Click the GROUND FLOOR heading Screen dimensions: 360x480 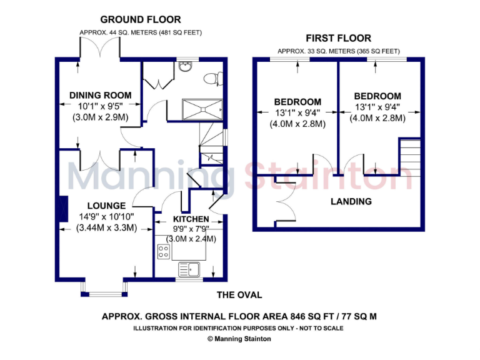tap(141, 20)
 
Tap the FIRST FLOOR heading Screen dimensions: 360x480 tap(338, 38)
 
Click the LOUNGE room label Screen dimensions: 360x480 tap(106, 206)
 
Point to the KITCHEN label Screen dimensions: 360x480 tap(191, 219)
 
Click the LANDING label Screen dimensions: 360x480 tap(351, 201)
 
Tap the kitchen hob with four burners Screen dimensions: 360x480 tap(163, 251)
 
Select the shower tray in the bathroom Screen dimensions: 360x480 tap(202, 108)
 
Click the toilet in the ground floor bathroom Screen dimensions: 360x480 tap(212, 78)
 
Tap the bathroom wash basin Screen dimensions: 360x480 tap(184, 66)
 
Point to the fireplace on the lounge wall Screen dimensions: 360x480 tap(63, 209)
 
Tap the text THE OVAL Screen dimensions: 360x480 tap(239, 295)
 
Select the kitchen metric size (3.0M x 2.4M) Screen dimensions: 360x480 tap(191, 238)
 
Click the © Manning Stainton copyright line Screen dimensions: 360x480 tap(239, 339)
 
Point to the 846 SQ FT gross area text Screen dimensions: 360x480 tap(239, 316)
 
